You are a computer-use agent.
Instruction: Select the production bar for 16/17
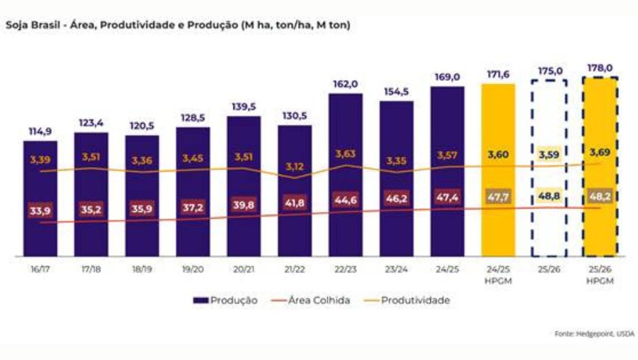click(40, 197)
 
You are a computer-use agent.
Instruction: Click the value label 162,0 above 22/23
click(345, 84)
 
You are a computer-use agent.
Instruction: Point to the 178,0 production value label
click(600, 68)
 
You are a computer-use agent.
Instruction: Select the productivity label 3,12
click(295, 166)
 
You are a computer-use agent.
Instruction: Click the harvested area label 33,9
click(40, 211)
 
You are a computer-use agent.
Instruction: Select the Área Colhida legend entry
click(313, 300)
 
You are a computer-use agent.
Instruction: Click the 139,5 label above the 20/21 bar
click(244, 107)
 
